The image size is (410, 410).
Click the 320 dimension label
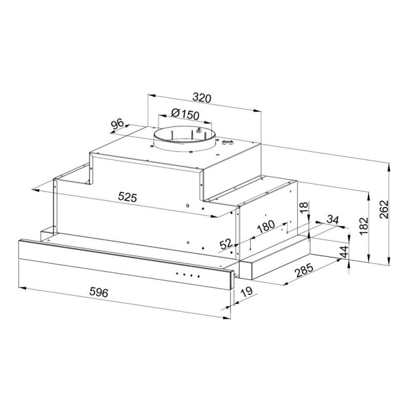[x=201, y=98]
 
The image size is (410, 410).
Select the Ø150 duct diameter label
[x=185, y=114]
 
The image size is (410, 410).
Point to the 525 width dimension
[x=127, y=197]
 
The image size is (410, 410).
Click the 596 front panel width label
[x=98, y=292]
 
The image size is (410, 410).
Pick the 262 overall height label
[x=383, y=209]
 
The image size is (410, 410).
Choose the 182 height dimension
[x=363, y=226]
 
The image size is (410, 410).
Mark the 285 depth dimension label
[x=304, y=271]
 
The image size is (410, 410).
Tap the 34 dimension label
[x=333, y=220]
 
